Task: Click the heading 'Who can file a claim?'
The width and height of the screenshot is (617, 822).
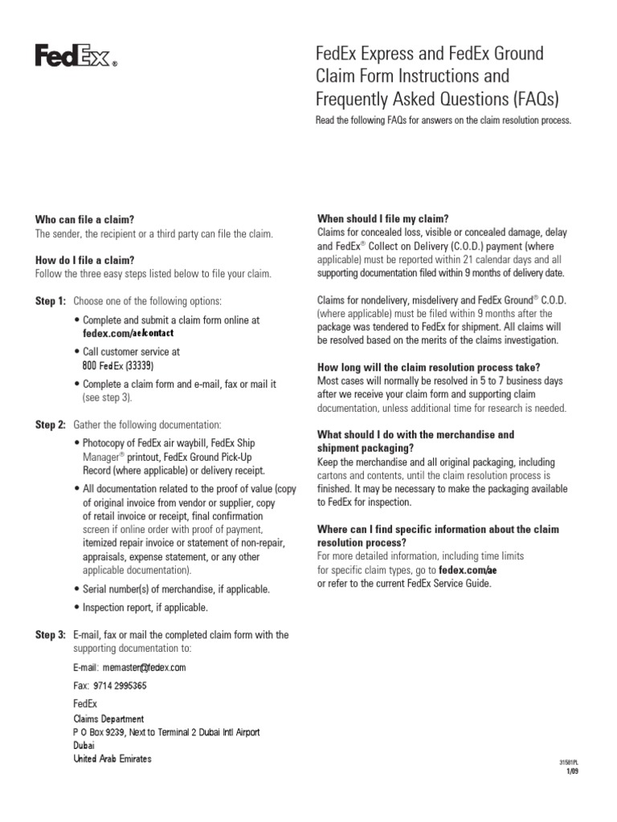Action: point(84,220)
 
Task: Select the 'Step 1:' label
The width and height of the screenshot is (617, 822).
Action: point(50,301)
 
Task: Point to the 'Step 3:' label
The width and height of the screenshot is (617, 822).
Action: point(50,635)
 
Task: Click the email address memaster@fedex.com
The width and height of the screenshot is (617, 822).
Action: point(129,667)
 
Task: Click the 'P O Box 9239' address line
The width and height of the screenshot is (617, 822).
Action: point(166,732)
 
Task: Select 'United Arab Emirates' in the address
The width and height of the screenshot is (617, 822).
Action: point(112,759)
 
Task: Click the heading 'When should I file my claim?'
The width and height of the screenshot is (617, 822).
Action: point(382,219)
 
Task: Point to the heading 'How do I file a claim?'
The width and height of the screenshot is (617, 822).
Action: point(84,260)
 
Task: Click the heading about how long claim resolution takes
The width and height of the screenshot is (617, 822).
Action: point(429,367)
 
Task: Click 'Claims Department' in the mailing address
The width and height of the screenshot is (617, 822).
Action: point(108,719)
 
